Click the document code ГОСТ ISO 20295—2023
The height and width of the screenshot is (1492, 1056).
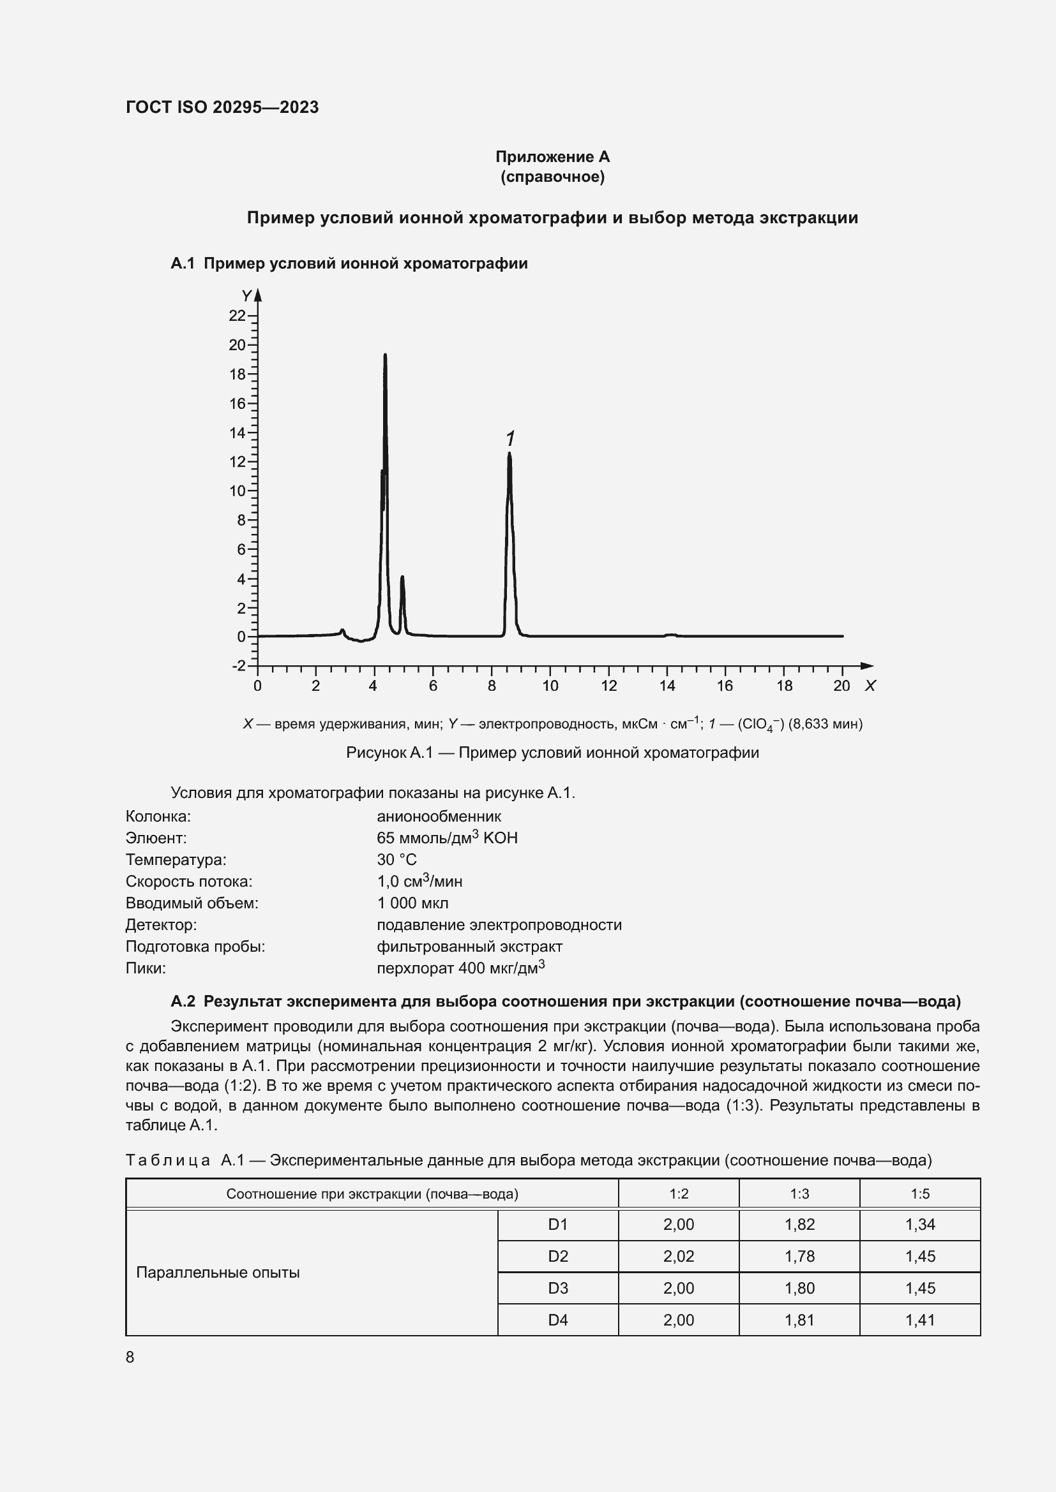point(222,107)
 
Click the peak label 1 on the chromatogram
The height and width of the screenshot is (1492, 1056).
point(511,439)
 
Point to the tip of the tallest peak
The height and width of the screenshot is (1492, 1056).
point(385,355)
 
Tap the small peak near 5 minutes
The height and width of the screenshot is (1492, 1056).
point(402,578)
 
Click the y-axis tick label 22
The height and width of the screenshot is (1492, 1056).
point(237,316)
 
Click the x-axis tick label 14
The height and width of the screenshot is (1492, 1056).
point(667,686)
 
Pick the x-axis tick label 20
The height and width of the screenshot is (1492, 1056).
point(841,686)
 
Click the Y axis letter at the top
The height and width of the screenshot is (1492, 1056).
point(246,297)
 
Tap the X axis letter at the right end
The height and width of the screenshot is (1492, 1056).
point(870,686)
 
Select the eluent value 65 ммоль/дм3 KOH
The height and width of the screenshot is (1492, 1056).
point(447,838)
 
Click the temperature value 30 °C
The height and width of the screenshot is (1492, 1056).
point(396,860)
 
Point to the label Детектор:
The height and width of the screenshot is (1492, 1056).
point(162,925)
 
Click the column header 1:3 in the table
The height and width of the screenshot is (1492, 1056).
point(799,1193)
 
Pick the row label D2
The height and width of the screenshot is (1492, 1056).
point(558,1256)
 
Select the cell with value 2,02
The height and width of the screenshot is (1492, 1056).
point(678,1256)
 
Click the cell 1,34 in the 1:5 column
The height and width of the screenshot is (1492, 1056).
point(919,1224)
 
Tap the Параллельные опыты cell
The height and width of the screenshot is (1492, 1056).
point(218,1273)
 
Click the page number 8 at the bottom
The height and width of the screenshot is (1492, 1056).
point(130,1357)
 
